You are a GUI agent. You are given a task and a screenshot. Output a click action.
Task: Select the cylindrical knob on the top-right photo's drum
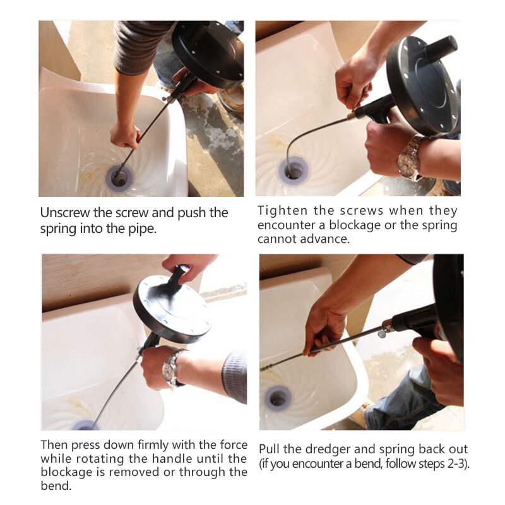click(441, 48)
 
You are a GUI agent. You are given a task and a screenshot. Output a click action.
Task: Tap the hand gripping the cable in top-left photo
click(124, 134)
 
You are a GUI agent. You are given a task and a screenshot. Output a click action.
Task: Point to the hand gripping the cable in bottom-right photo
click(324, 328)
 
